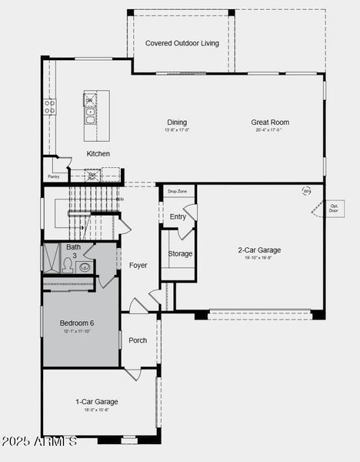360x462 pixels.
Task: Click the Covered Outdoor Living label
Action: [182, 43]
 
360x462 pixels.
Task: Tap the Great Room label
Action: [269, 122]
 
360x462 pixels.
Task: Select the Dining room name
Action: [177, 122]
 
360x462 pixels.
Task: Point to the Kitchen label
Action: [98, 154]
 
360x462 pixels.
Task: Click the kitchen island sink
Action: [90, 118]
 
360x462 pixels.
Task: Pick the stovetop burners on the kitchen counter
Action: [50, 107]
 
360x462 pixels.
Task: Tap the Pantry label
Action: [53, 176]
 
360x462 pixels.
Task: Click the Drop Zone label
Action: [177, 191]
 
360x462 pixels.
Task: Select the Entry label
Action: [178, 217]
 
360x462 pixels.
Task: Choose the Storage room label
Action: [180, 253]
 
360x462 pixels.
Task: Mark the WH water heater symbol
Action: [307, 191]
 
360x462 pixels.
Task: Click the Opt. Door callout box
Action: [334, 208]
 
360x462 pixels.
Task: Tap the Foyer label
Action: [138, 266]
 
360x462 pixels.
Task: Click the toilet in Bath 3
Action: [68, 266]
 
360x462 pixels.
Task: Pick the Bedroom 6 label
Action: [77, 323]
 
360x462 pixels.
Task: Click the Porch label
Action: [138, 340]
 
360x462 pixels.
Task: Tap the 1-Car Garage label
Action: [96, 402]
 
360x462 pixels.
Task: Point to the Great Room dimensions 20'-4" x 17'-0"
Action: [269, 130]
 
